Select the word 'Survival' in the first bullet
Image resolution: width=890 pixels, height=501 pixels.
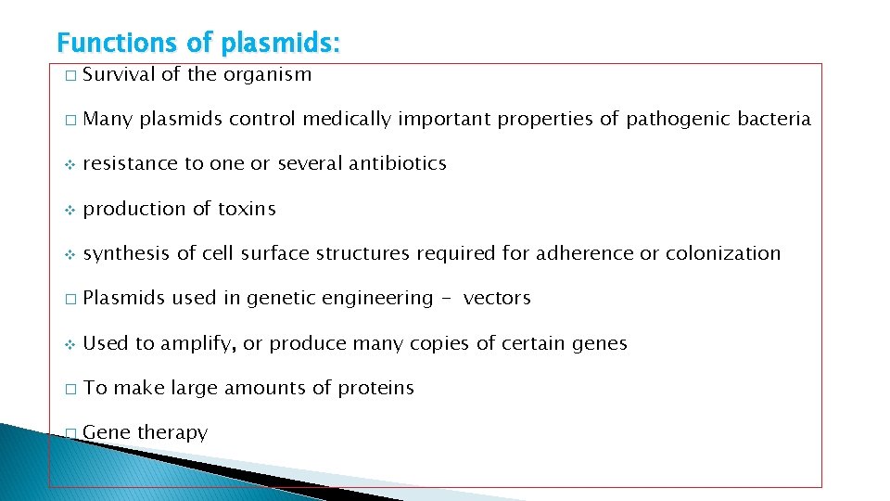[x=119, y=74]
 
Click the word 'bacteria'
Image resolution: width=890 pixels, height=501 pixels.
[x=774, y=119]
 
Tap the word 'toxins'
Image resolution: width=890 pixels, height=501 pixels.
[x=247, y=209]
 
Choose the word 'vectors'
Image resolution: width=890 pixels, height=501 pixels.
[x=497, y=298]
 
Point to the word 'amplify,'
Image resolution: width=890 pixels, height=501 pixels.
[x=198, y=343]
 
